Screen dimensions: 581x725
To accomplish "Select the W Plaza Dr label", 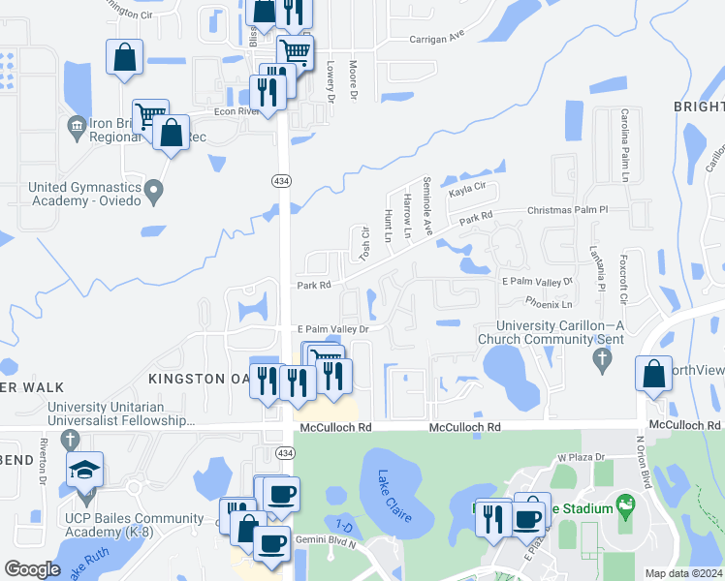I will (580, 457).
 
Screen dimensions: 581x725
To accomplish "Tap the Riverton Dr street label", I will (44, 465).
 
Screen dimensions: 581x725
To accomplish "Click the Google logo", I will (32, 569).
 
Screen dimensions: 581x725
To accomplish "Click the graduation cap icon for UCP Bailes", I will (85, 471).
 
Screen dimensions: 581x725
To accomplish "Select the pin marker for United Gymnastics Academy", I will (153, 193).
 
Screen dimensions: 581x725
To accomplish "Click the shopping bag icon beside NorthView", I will (654, 374).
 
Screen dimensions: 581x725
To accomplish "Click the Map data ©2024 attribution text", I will (682, 573).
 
